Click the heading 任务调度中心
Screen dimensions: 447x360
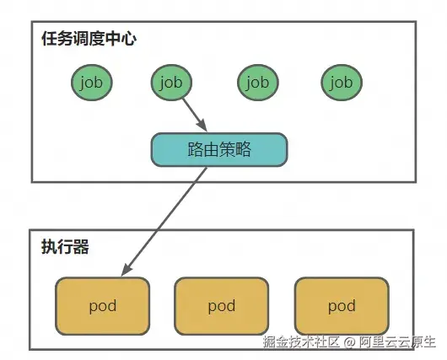pos(89,39)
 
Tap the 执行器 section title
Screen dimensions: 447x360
pos(65,246)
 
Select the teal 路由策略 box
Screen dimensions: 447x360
pos(219,149)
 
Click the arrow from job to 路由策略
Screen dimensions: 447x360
pos(194,115)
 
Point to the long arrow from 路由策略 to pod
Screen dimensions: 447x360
pos(164,222)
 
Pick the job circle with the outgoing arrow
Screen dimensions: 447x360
pos(171,83)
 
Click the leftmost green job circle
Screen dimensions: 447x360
pos(92,83)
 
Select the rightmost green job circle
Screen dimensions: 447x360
pos(342,83)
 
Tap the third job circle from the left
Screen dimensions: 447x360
pos(258,83)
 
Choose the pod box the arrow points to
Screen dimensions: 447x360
pos(102,306)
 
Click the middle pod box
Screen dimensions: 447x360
pos(222,306)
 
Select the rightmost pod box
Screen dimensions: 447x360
pos(342,306)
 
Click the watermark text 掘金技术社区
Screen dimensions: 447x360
pos(301,341)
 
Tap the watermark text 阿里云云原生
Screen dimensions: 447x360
pos(397,341)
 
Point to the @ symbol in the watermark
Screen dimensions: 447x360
pos(349,342)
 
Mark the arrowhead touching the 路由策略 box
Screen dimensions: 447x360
pos(202,126)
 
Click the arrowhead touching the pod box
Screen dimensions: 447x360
pos(127,269)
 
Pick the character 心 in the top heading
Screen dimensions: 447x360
pos(128,39)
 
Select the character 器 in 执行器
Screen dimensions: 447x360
pos(81,246)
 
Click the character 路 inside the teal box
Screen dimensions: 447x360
pos(196,149)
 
